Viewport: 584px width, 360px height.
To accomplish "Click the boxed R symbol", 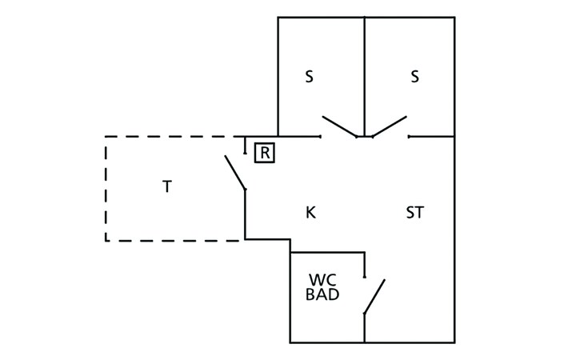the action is tap(265, 153).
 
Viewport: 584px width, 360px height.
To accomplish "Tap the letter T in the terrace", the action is tap(167, 186).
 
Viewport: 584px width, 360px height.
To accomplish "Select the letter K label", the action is tap(310, 213).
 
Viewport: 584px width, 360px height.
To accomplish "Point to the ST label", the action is tap(414, 213).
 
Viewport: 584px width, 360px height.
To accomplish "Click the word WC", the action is tap(322, 279).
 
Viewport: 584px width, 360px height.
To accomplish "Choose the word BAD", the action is tap(322, 294).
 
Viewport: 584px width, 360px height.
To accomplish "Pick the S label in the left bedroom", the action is tap(309, 77).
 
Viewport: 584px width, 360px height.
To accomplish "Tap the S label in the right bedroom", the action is tap(414, 77).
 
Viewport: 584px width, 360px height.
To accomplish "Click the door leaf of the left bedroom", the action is tap(340, 126).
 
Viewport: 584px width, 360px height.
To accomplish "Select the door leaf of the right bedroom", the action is tap(390, 126).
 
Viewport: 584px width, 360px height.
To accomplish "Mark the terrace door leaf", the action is tap(235, 173).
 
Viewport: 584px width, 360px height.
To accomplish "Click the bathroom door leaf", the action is tap(374, 296).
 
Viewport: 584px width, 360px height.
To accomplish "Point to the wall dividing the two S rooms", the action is tap(364, 77).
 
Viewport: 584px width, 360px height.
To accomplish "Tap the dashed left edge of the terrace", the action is tap(106, 189).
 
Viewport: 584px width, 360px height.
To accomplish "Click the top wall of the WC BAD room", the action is tap(327, 253).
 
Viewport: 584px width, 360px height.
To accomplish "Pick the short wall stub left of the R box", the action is tap(245, 145).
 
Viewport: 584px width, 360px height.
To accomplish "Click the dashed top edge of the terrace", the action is tap(170, 137).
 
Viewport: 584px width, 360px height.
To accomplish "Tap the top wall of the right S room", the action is tap(410, 17).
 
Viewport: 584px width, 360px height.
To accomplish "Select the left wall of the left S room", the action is tap(278, 77).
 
